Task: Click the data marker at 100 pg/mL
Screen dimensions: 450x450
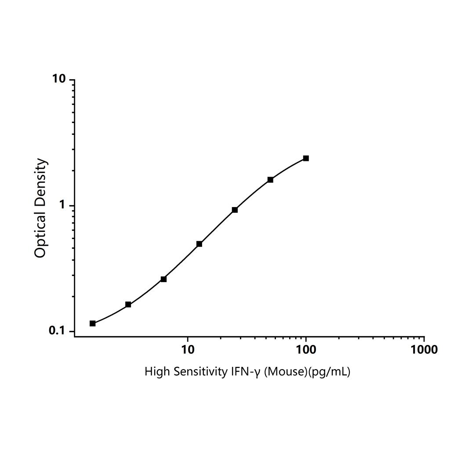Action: click(x=306, y=158)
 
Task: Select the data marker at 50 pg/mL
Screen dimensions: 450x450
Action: click(x=270, y=180)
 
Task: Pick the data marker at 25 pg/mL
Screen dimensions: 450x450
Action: click(x=235, y=210)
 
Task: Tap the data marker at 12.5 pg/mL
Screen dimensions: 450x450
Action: click(x=199, y=244)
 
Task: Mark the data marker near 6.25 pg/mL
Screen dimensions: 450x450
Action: click(x=163, y=279)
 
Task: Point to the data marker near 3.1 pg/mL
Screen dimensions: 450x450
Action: click(x=128, y=305)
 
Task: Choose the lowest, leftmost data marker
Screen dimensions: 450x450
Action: click(x=93, y=323)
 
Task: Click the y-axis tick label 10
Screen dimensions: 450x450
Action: click(x=59, y=80)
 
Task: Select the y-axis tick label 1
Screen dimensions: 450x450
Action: click(x=62, y=205)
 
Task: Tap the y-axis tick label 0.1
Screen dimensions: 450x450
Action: click(x=57, y=331)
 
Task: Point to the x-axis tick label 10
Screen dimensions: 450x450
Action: click(x=188, y=350)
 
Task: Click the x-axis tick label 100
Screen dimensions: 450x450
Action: click(x=306, y=350)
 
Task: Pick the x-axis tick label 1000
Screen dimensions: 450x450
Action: click(x=424, y=350)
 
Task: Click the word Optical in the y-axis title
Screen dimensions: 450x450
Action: click(x=40, y=235)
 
